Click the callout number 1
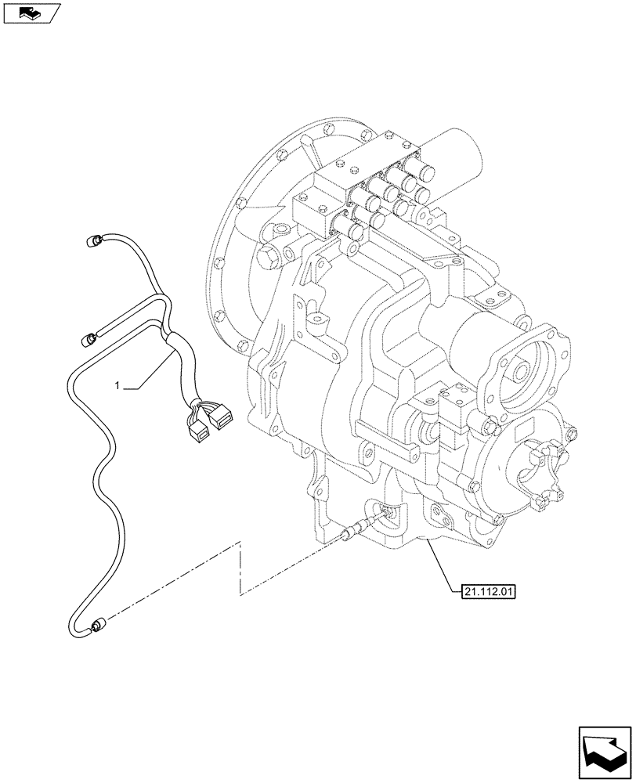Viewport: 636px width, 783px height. point(117,385)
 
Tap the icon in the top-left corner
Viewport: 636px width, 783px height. point(29,13)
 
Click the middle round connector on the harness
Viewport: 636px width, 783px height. point(91,338)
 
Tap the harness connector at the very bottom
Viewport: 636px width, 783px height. point(98,625)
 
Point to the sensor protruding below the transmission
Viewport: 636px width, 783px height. point(350,534)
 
